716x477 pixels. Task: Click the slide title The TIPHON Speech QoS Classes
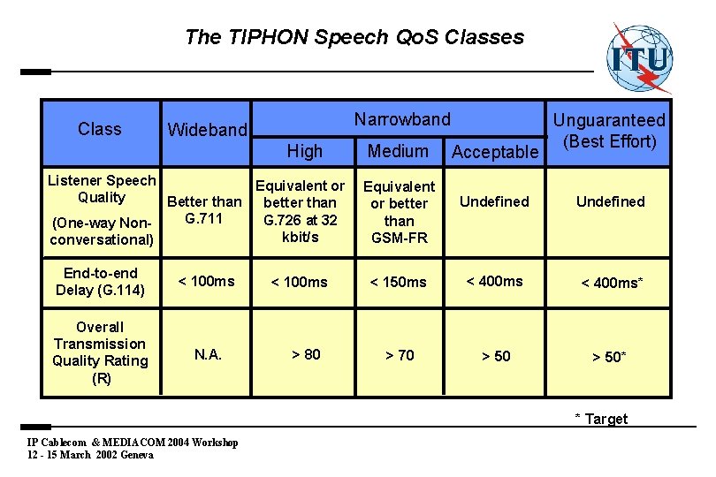[x=354, y=37]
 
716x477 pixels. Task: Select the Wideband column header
[x=208, y=130]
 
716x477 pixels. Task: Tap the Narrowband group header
[x=402, y=118]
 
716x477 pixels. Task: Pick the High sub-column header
[x=305, y=151]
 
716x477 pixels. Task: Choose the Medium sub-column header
[x=398, y=151]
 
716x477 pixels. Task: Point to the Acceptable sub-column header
[x=495, y=152]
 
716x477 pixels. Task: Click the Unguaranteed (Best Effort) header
[x=609, y=130]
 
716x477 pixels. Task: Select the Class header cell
[x=100, y=129]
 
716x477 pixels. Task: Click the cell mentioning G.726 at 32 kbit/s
[x=301, y=212]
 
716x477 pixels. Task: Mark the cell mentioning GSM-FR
[x=400, y=212]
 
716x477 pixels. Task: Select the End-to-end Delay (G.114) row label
[x=100, y=281]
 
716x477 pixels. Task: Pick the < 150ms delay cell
[x=398, y=282]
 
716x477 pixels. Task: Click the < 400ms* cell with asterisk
[x=611, y=283]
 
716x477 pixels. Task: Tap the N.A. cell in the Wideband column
[x=208, y=354]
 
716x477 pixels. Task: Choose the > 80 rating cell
[x=306, y=354]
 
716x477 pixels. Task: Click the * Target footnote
[x=601, y=419]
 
